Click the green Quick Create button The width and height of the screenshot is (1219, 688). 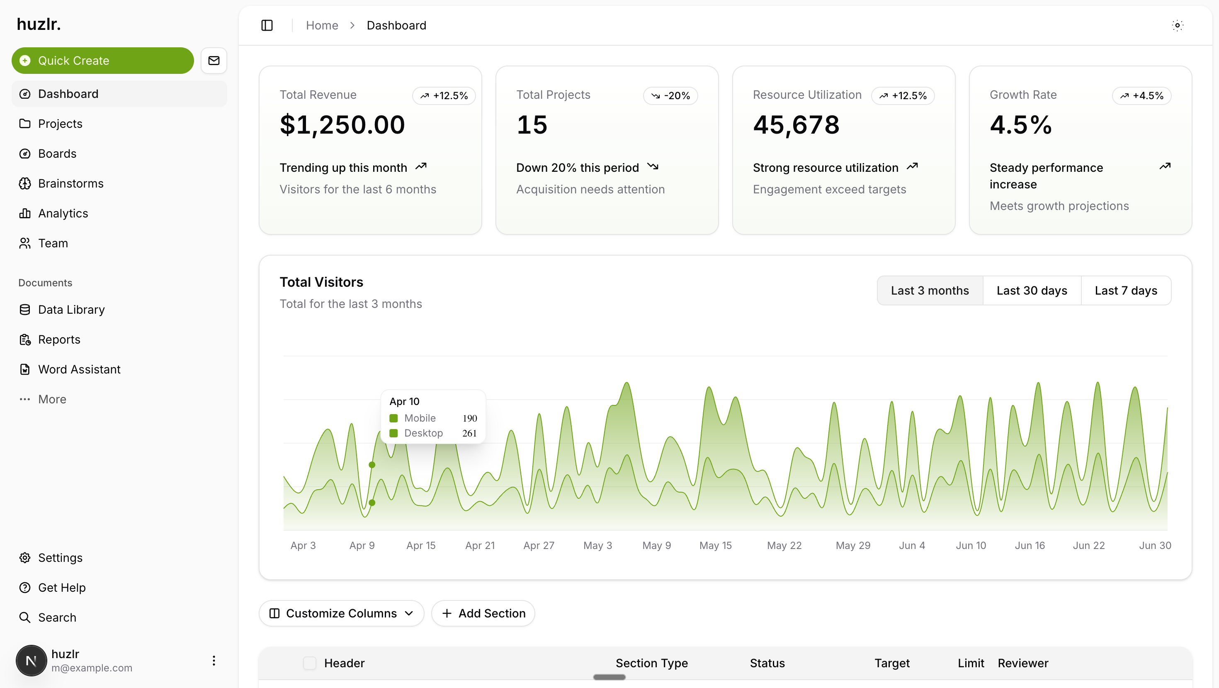(x=102, y=61)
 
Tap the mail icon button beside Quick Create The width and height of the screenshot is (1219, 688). (x=214, y=61)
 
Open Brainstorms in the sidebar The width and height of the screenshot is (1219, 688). (x=70, y=183)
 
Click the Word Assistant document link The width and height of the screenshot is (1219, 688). (x=79, y=369)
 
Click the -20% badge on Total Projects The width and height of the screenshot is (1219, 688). (x=670, y=95)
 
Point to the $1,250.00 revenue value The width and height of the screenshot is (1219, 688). (x=342, y=125)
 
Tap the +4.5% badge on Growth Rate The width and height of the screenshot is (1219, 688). (x=1141, y=95)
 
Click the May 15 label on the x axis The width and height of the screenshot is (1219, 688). (x=716, y=546)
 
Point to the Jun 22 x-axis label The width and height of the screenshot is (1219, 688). (x=1088, y=546)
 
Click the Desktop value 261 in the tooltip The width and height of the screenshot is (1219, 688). (x=469, y=433)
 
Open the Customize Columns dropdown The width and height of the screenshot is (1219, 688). (x=341, y=613)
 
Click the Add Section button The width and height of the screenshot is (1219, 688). (x=483, y=613)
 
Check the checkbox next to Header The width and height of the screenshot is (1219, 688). (x=309, y=663)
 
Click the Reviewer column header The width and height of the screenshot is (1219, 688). (x=1022, y=663)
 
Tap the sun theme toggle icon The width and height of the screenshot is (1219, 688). (x=1178, y=26)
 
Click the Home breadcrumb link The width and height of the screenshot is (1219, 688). (x=322, y=26)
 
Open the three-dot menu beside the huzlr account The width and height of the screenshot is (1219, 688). (x=214, y=661)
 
